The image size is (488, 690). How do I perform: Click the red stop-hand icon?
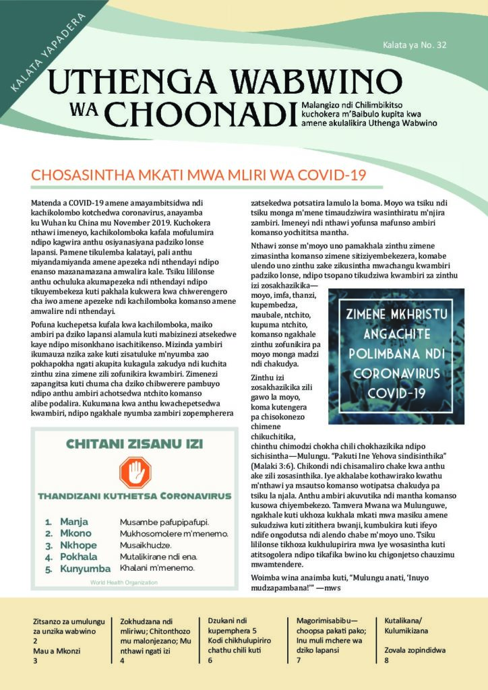pyautogui.click(x=134, y=472)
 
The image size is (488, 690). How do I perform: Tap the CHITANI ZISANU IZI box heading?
pyautogui.click(x=134, y=443)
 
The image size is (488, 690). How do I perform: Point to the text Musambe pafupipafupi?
pyautogui.click(x=164, y=522)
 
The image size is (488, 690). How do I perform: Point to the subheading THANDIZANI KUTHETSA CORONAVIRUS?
pyautogui.click(x=134, y=496)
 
